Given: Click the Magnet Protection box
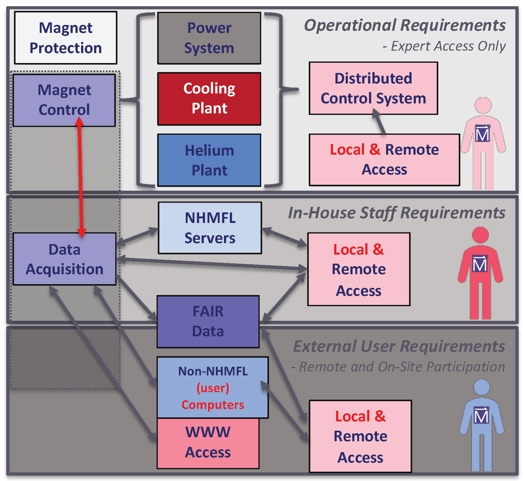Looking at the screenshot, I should point(66,38).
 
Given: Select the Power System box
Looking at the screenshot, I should point(209,38).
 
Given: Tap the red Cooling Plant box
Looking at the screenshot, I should point(209,99).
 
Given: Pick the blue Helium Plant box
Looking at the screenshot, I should point(209,160).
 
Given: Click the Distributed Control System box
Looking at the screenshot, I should point(373,88).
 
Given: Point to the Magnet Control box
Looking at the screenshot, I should point(64,100).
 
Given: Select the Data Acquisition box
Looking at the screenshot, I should point(64,259).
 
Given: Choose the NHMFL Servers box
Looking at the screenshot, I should point(210,228).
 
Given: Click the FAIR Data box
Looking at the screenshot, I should point(208,321).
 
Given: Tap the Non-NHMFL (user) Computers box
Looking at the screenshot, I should point(213,387).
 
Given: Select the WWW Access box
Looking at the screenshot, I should point(208,443).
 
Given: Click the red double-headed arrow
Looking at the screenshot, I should point(80,180).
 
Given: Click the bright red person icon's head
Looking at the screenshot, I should point(480,235).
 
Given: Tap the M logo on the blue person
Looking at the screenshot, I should point(481,415).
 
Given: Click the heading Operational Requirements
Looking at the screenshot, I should point(404,25).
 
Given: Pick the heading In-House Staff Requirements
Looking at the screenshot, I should point(397,213).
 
